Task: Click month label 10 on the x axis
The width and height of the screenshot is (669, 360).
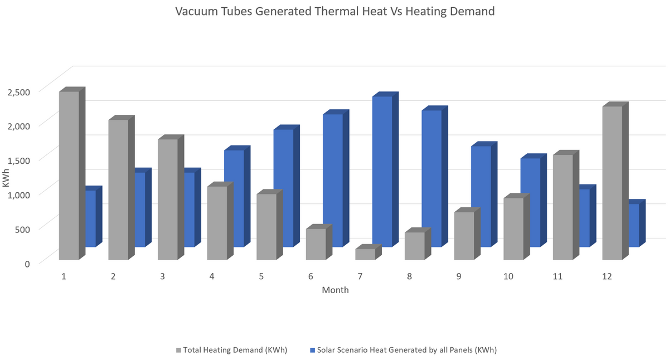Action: click(508, 276)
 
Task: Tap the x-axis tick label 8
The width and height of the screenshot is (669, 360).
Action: click(409, 276)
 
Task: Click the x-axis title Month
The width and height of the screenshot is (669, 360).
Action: click(335, 290)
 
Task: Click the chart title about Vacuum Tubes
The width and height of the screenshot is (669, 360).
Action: click(334, 11)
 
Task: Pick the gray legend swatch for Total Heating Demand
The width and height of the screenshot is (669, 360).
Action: click(178, 351)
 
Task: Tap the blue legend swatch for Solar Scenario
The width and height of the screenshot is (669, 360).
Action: click(312, 351)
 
